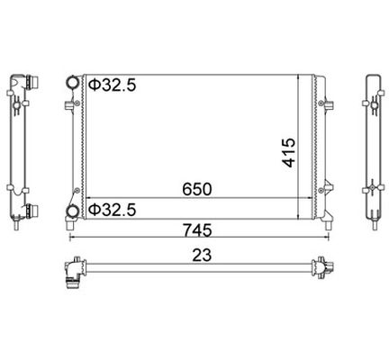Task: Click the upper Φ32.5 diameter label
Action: pyautogui.click(x=113, y=85)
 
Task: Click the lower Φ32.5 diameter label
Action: pyautogui.click(x=113, y=210)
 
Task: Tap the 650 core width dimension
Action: pyautogui.click(x=197, y=189)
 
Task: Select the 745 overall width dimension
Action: pyautogui.click(x=197, y=230)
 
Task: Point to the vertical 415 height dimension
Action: pyautogui.click(x=289, y=152)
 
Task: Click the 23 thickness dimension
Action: pyautogui.click(x=202, y=256)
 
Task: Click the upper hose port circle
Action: pyautogui.click(x=73, y=83)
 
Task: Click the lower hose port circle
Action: pyautogui.click(x=73, y=211)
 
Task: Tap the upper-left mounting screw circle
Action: pyautogui.click(x=77, y=103)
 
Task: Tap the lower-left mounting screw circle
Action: pyautogui.click(x=77, y=190)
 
